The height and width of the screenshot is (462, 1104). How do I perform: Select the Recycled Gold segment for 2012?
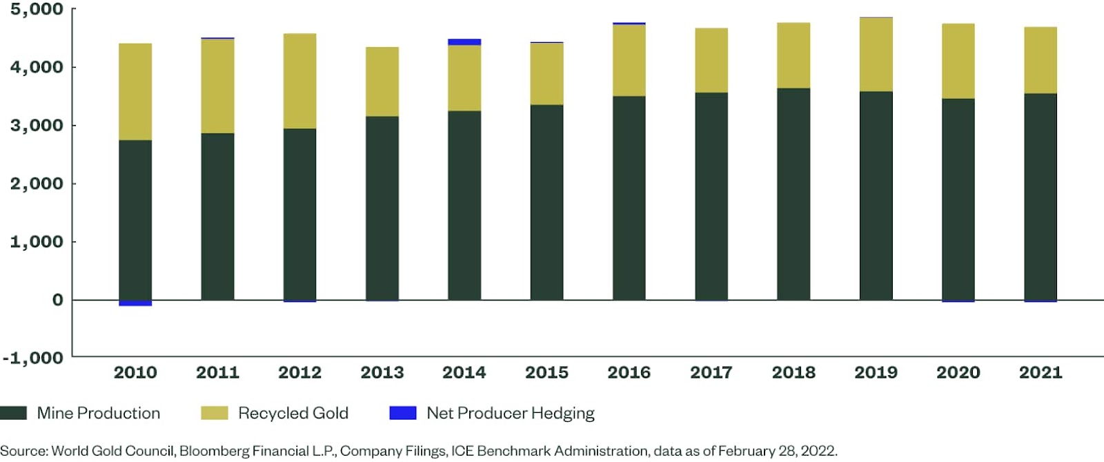[x=299, y=81]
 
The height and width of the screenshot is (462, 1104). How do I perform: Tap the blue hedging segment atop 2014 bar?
[x=464, y=42]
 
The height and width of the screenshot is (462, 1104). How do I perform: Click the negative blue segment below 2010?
[x=135, y=303]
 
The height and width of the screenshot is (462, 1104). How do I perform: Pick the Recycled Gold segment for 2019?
[x=876, y=55]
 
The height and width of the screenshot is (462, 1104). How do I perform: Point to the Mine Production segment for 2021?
[x=1041, y=197]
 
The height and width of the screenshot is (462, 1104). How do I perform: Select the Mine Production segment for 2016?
[x=629, y=198]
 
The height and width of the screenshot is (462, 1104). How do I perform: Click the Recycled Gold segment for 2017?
[x=711, y=61]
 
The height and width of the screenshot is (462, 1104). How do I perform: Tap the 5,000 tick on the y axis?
[x=36, y=10]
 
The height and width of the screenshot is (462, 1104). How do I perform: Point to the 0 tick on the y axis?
[x=57, y=300]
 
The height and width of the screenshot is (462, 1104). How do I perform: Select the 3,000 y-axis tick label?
[x=36, y=126]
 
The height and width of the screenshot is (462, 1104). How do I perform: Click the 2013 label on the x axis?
[x=382, y=373]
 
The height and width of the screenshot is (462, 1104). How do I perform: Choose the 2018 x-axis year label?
[x=793, y=373]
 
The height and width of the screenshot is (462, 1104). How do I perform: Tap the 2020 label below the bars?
[x=958, y=373]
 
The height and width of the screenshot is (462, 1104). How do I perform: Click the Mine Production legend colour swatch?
[x=14, y=413]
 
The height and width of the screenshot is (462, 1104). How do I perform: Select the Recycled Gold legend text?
[x=293, y=413]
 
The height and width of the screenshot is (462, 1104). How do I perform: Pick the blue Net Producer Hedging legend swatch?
[x=403, y=413]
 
